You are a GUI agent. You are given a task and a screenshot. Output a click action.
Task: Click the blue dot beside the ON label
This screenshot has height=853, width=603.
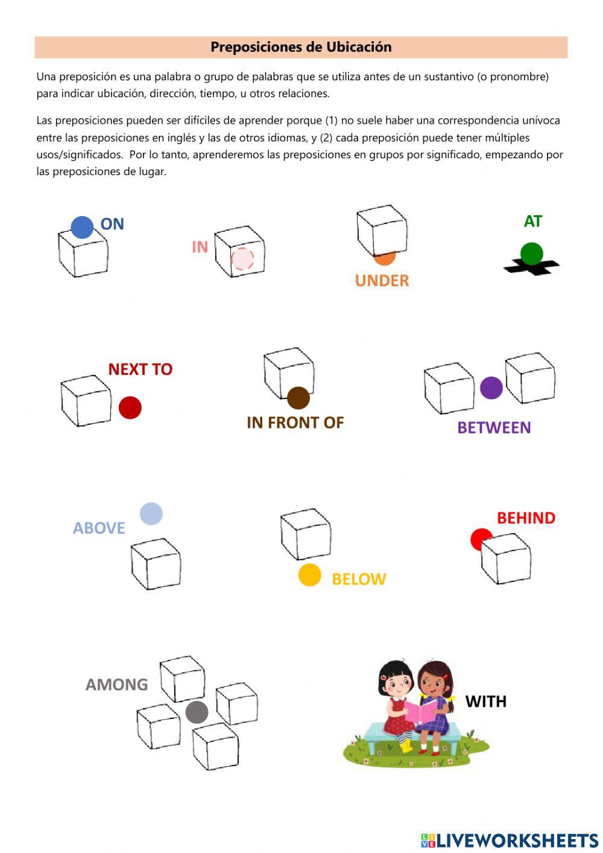(82, 228)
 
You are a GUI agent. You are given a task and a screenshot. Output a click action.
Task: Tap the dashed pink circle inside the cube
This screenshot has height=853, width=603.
(242, 259)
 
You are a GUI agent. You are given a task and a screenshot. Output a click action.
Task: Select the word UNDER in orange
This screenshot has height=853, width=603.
(382, 281)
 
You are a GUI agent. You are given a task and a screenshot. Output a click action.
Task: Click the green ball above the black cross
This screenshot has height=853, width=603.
(531, 254)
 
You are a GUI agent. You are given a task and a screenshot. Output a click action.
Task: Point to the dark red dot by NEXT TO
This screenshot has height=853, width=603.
(130, 407)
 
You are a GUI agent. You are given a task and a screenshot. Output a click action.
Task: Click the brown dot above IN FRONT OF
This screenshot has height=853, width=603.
(298, 398)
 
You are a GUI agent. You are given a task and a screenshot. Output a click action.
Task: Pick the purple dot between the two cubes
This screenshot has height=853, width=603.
(491, 388)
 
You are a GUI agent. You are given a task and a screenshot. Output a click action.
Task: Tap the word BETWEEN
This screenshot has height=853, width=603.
(494, 427)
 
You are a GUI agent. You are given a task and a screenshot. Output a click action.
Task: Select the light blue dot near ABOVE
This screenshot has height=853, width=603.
(151, 514)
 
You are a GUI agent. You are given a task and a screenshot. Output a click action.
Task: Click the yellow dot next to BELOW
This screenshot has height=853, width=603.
(309, 575)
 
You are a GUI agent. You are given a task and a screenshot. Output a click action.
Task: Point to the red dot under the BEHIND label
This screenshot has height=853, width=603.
(479, 538)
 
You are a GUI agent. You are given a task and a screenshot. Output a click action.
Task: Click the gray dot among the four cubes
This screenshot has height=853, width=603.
(197, 712)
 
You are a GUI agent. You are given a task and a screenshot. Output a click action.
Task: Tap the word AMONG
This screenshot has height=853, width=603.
(116, 685)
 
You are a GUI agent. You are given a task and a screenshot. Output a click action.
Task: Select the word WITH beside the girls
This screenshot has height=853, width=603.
(485, 701)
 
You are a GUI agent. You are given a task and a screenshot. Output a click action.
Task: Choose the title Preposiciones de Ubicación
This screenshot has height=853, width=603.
(301, 47)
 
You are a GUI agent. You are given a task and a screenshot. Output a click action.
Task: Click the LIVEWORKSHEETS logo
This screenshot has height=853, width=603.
(510, 840)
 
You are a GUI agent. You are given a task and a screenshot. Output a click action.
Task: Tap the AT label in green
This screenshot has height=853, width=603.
(532, 222)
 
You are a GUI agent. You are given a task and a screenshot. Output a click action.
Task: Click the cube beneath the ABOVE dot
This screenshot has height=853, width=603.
(156, 564)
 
